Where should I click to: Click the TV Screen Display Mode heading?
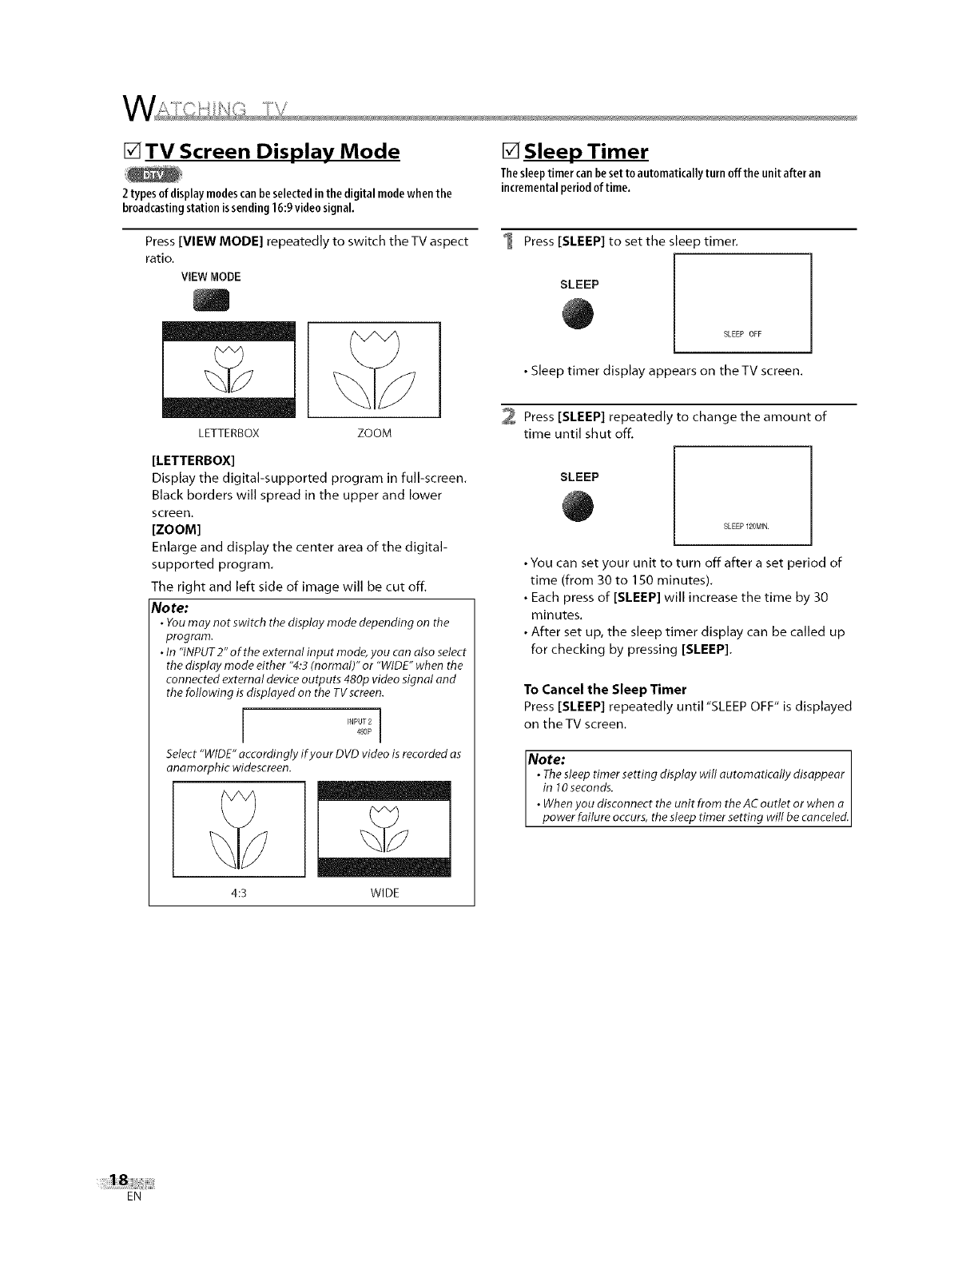tap(271, 152)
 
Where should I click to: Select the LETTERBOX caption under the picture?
tap(229, 434)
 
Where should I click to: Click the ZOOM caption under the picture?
tap(374, 434)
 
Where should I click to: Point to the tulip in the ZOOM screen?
tap(374, 368)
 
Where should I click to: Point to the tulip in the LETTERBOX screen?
tap(229, 368)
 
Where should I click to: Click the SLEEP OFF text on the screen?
tap(742, 334)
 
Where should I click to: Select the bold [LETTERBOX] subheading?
tap(193, 461)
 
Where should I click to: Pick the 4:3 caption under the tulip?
tap(239, 893)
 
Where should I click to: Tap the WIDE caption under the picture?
tap(384, 893)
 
